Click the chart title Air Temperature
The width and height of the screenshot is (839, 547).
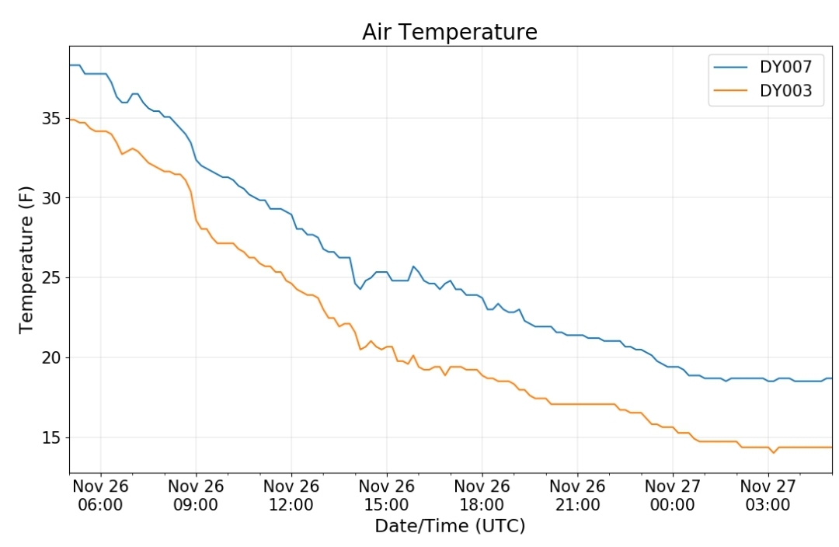pyautogui.click(x=450, y=32)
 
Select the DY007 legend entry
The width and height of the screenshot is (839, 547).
pyautogui.click(x=763, y=67)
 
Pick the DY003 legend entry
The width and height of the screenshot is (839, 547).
pyautogui.click(x=763, y=90)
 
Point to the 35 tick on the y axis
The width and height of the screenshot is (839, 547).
pyautogui.click(x=50, y=118)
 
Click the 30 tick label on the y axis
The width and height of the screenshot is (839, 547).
pyautogui.click(x=50, y=198)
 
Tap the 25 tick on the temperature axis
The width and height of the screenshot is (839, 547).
pyautogui.click(x=50, y=278)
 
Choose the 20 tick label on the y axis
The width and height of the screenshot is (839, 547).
pyautogui.click(x=50, y=357)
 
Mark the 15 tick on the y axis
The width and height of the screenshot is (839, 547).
pyautogui.click(x=50, y=437)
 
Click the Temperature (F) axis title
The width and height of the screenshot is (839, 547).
pyautogui.click(x=26, y=260)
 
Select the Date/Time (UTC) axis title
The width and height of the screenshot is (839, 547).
pyautogui.click(x=450, y=525)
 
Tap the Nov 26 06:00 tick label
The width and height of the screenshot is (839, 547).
pyautogui.click(x=100, y=495)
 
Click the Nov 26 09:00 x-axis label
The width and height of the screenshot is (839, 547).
pyautogui.click(x=196, y=495)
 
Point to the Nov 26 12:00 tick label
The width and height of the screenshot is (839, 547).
pyautogui.click(x=291, y=495)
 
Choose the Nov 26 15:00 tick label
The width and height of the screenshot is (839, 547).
pyautogui.click(x=387, y=495)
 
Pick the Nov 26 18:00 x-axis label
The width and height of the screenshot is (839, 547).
pyautogui.click(x=482, y=495)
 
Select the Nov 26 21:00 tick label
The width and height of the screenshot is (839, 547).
pyautogui.click(x=577, y=495)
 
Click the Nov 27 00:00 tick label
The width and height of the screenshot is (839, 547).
pyautogui.click(x=673, y=495)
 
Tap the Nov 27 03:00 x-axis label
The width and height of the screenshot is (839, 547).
pyautogui.click(x=768, y=495)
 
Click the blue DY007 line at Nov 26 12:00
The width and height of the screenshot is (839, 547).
pyautogui.click(x=291, y=214)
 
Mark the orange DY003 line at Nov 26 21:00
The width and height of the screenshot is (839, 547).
pyautogui.click(x=577, y=404)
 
